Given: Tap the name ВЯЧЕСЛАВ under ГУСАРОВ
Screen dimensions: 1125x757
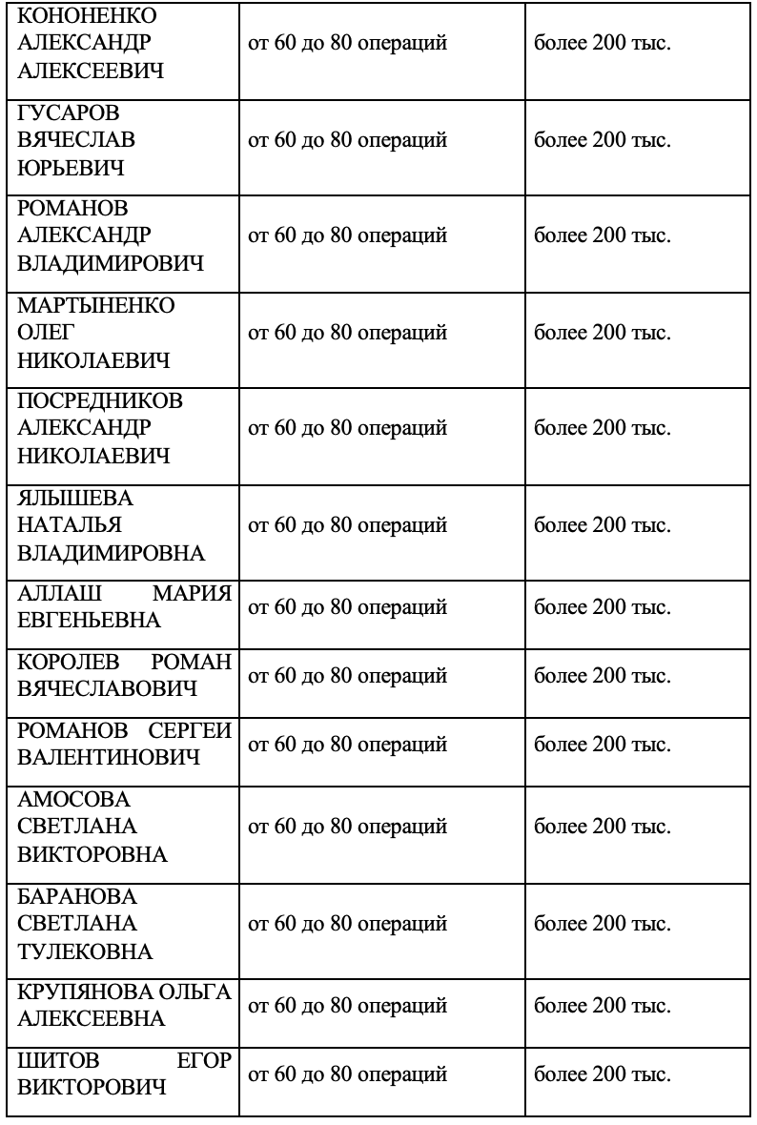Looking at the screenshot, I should point(77,140).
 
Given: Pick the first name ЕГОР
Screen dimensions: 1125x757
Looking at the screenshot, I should point(204,1059).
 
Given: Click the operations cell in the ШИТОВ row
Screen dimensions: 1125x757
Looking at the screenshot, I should point(347,1074).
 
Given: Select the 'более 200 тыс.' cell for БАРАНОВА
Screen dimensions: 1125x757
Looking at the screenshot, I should point(603,924).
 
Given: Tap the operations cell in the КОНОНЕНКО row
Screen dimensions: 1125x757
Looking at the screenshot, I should point(347,44).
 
